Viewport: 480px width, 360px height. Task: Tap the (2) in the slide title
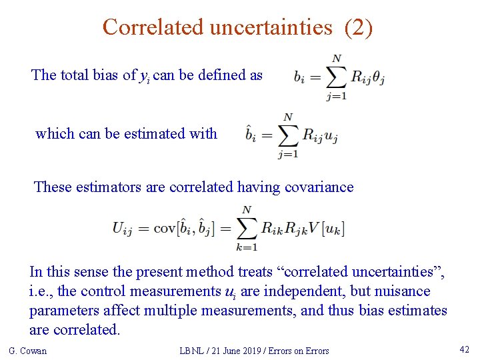coord(358,27)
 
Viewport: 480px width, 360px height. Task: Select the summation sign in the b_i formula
coord(337,78)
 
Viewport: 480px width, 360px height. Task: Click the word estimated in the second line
coord(154,133)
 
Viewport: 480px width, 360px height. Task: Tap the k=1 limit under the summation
coord(247,247)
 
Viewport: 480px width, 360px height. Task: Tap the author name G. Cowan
coord(27,351)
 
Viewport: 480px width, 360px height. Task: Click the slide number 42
coord(465,349)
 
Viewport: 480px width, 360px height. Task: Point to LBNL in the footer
coord(193,351)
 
